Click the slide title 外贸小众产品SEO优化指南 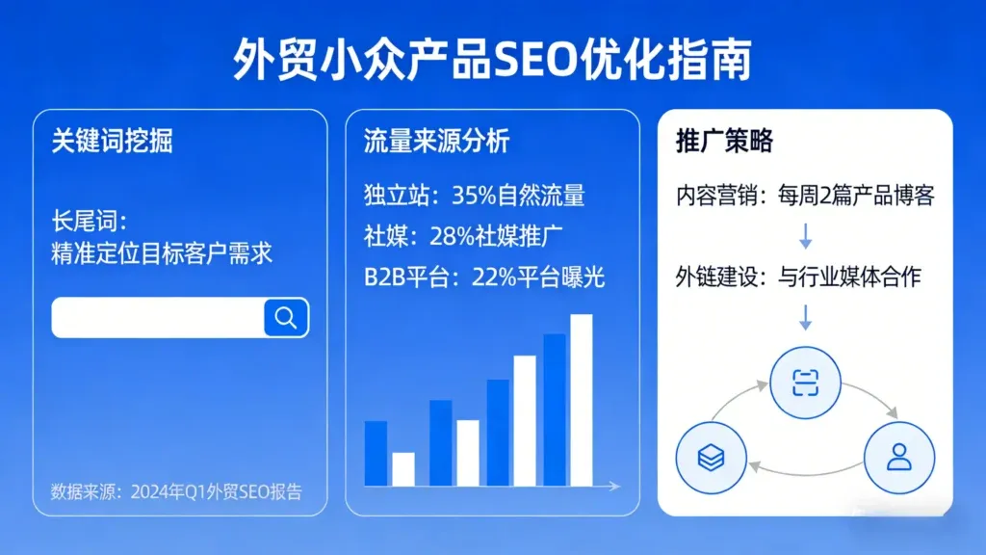492,60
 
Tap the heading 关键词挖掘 113,142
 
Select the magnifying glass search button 286,317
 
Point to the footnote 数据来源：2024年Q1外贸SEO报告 176,491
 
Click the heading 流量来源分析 436,142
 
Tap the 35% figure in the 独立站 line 477,196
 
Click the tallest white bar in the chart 581,400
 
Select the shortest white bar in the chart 403,469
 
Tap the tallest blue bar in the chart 555,410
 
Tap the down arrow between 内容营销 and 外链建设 805,237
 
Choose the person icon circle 899,458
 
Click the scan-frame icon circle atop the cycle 804,383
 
